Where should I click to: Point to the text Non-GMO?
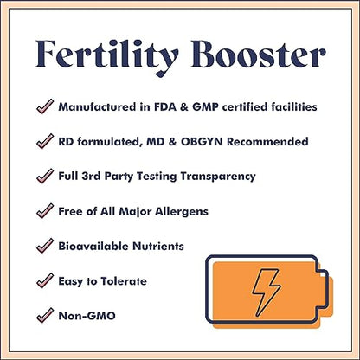87,317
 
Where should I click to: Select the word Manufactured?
97,106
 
